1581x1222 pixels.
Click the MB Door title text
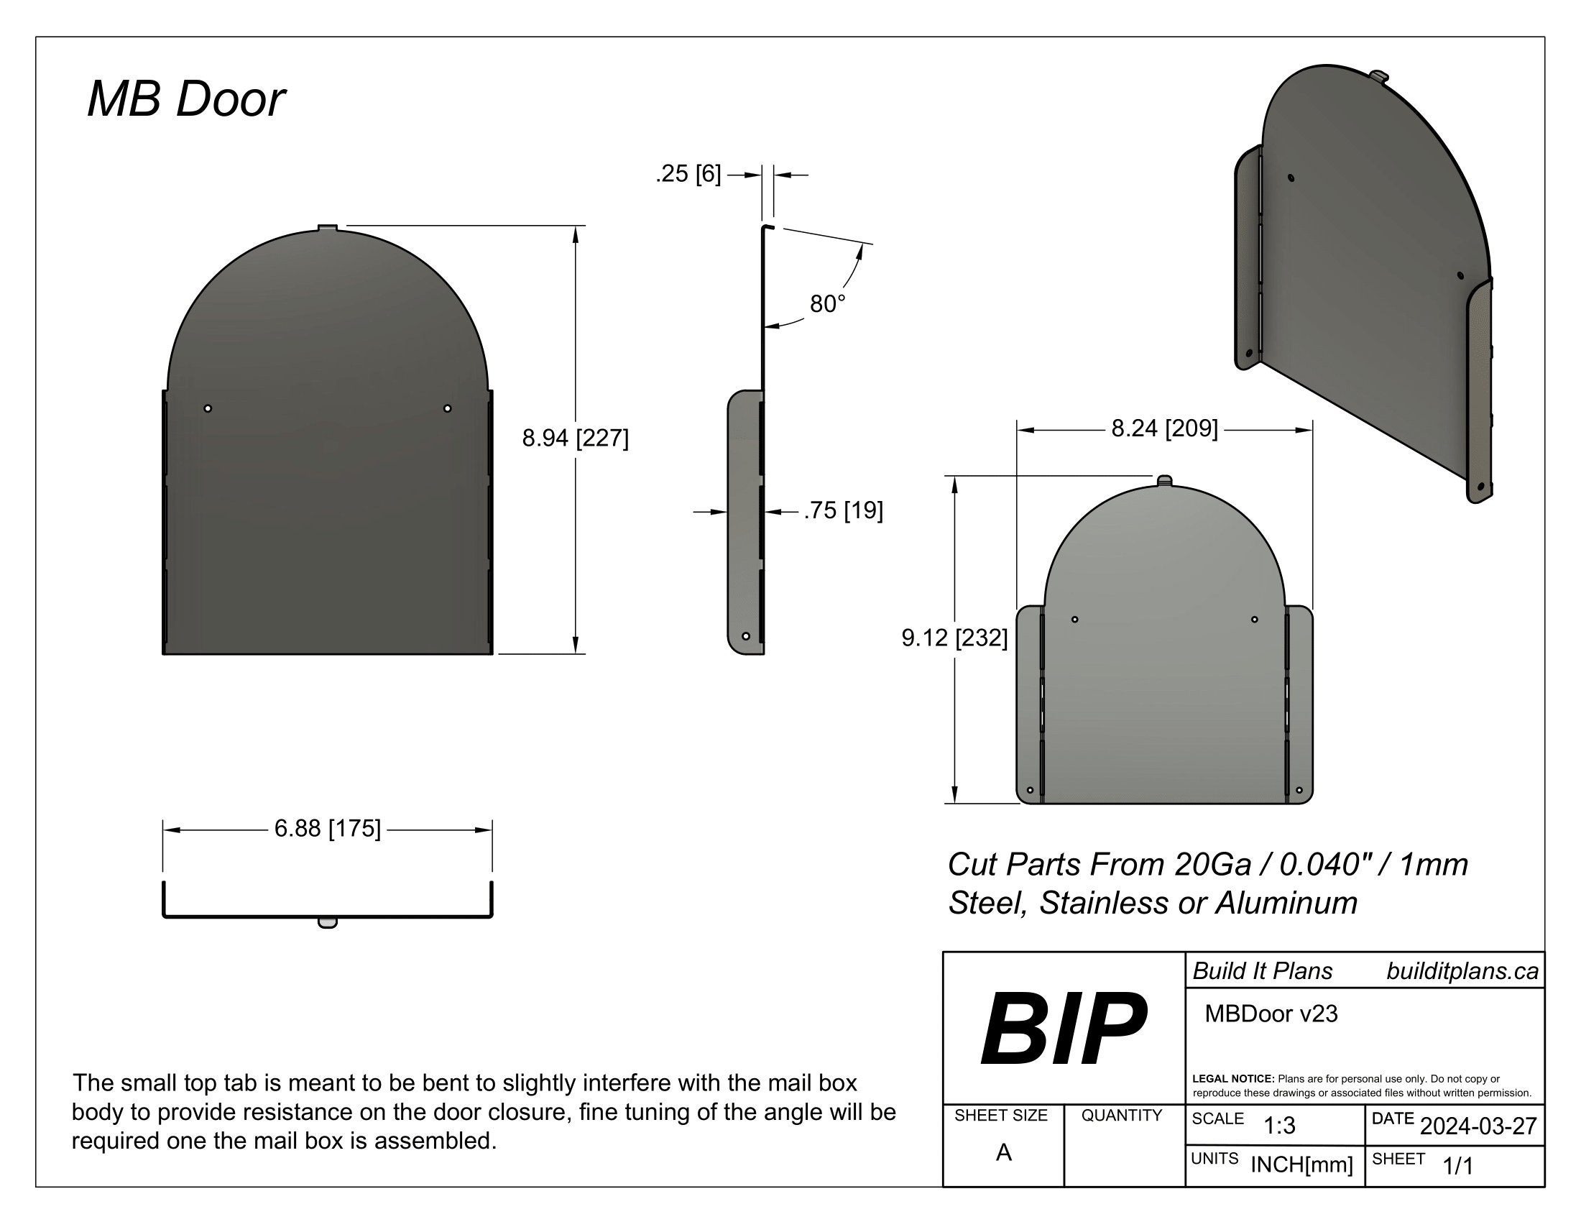click(x=186, y=99)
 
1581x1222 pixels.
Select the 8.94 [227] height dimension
click(x=575, y=438)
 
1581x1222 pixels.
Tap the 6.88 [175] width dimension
click(x=327, y=828)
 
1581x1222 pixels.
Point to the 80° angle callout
click(x=826, y=304)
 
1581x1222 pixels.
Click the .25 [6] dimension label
click(x=688, y=174)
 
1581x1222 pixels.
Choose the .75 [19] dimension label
click(x=844, y=510)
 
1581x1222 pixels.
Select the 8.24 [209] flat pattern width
click(x=1164, y=428)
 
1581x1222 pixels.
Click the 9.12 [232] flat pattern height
click(x=954, y=638)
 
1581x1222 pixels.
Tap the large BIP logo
click(x=1063, y=1028)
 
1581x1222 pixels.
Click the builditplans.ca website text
click(x=1462, y=971)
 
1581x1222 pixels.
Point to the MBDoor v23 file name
click(x=1271, y=1014)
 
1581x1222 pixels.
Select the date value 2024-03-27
click(x=1478, y=1126)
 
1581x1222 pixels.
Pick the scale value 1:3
click(x=1279, y=1126)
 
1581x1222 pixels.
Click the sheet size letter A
click(x=1003, y=1152)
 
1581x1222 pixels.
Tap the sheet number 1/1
click(x=1458, y=1166)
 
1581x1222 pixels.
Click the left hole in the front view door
click(x=208, y=408)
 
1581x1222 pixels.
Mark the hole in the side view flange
click(x=746, y=636)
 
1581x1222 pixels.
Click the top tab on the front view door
click(x=328, y=228)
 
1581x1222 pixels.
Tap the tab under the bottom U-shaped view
click(x=327, y=923)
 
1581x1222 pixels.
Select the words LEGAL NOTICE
click(x=1232, y=1079)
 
